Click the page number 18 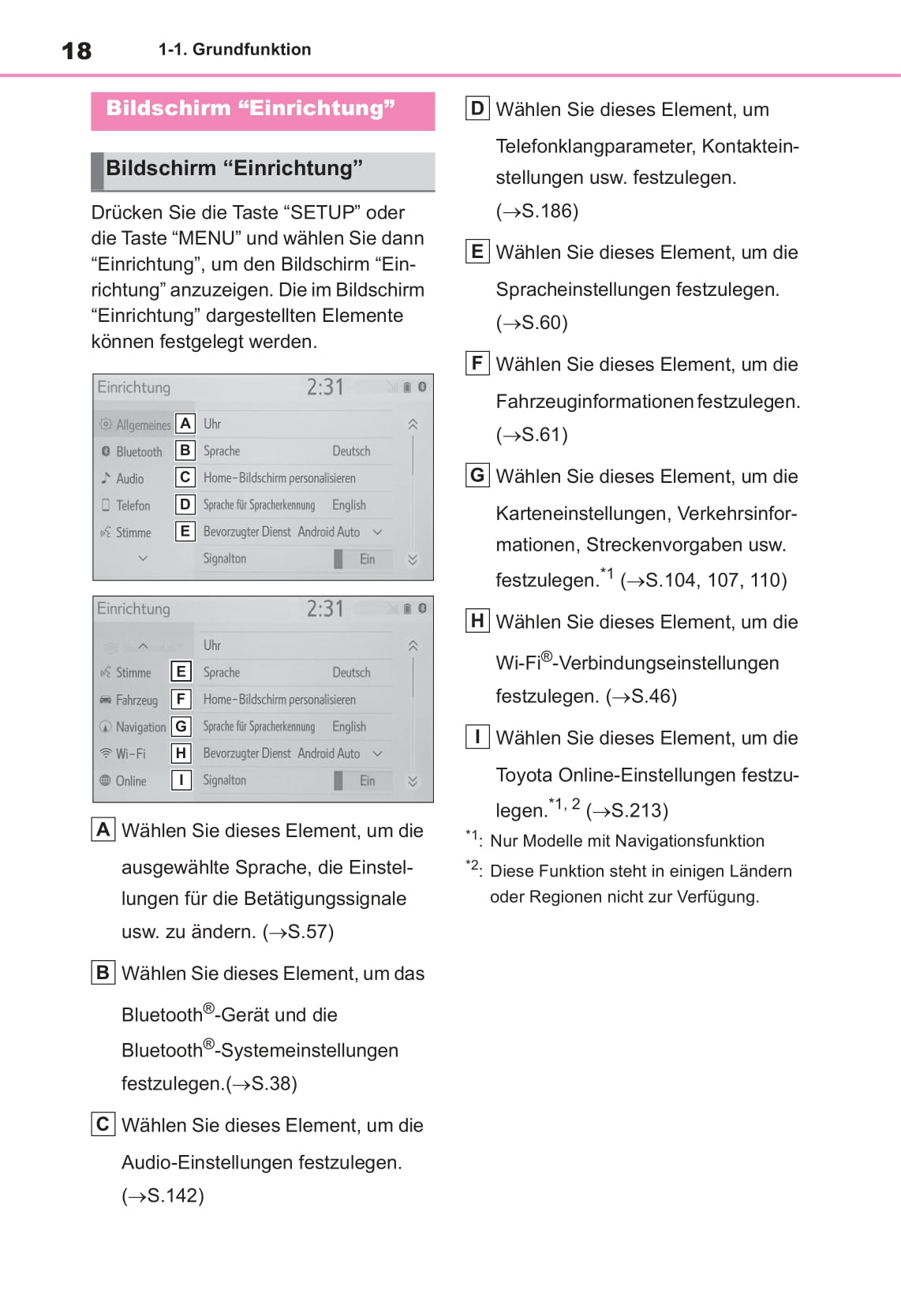(77, 51)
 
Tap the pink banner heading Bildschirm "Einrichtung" (250, 108)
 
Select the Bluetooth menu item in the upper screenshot (138, 452)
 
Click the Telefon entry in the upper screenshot (132, 506)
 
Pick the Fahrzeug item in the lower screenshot (136, 701)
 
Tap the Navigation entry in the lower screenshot (140, 727)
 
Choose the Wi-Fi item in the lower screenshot (130, 754)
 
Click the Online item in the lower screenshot (130, 781)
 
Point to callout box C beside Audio (185, 477)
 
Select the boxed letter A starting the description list (103, 830)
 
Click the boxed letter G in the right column (477, 476)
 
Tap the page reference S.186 (549, 211)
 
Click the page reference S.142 (175, 1196)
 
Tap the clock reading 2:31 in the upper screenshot (325, 387)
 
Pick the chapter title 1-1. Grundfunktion (234, 50)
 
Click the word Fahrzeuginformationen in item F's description (594, 402)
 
